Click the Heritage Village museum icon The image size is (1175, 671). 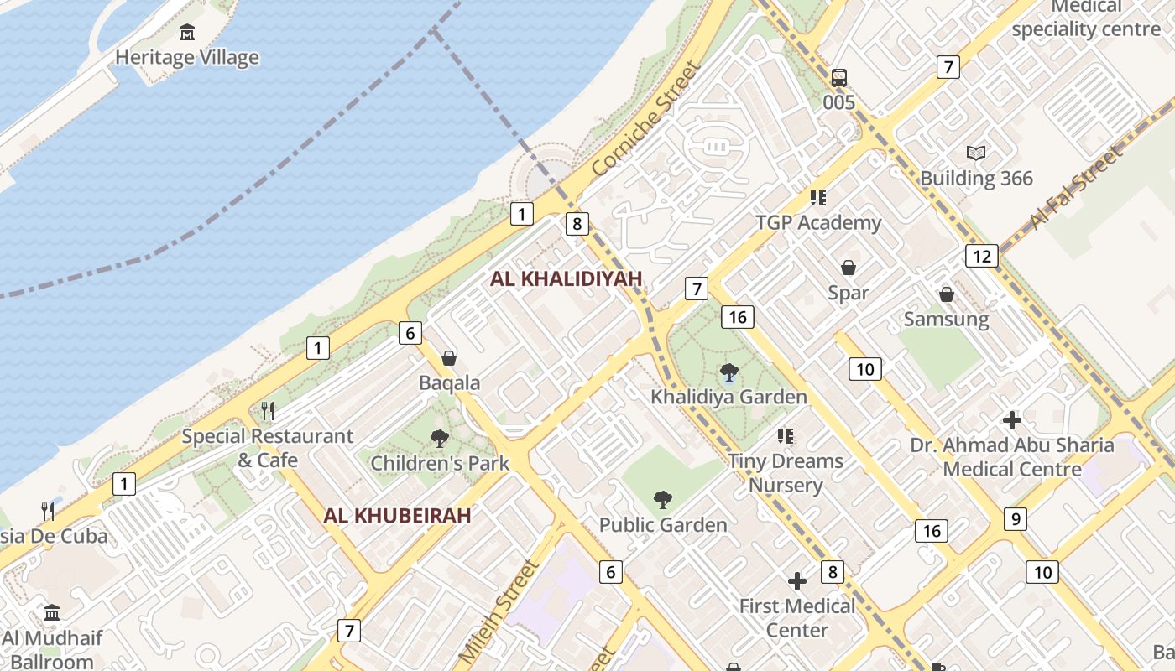(187, 33)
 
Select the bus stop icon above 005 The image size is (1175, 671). (838, 78)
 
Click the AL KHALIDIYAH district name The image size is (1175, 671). (566, 278)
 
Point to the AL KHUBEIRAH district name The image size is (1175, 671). (397, 516)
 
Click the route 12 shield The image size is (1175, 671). (981, 256)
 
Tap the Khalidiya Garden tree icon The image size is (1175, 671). (728, 372)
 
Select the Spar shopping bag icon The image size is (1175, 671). (849, 268)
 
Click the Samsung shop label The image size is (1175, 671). (946, 320)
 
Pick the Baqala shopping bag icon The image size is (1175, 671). (449, 358)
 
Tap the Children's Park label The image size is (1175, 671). (440, 463)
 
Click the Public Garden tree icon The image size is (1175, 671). (662, 500)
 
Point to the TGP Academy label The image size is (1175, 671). (818, 223)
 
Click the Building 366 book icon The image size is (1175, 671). (975, 153)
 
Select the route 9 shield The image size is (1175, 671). (1015, 519)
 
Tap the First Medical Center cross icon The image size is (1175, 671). (796, 580)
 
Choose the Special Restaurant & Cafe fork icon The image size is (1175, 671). (268, 410)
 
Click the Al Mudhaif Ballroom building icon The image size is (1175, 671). (52, 612)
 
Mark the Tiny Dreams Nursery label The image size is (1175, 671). (785, 473)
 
